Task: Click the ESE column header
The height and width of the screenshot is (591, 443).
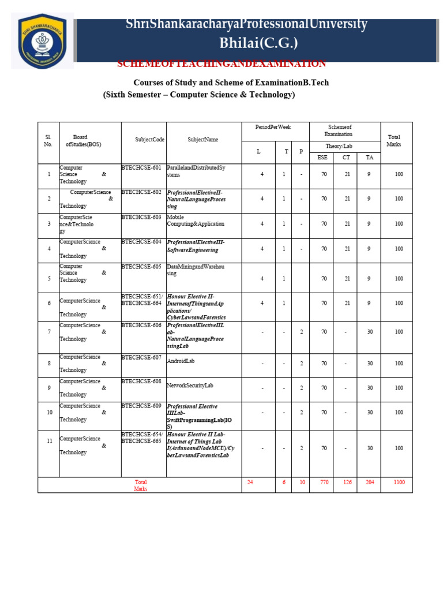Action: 321,158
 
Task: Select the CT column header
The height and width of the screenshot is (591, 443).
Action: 346,158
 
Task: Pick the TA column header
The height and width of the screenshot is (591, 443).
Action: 369,158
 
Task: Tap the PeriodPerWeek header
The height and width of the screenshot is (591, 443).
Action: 275,126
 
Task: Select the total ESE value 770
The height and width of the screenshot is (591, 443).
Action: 324,482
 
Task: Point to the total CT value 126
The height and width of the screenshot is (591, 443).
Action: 347,482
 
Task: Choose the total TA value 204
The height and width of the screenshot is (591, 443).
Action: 369,482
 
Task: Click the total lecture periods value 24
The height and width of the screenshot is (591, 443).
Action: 250,482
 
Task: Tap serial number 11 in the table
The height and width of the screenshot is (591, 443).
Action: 50,441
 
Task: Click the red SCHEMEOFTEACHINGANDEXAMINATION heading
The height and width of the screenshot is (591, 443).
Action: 221,63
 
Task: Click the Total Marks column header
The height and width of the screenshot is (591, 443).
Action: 394,141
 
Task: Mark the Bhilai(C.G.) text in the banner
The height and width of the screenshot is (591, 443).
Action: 259,43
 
